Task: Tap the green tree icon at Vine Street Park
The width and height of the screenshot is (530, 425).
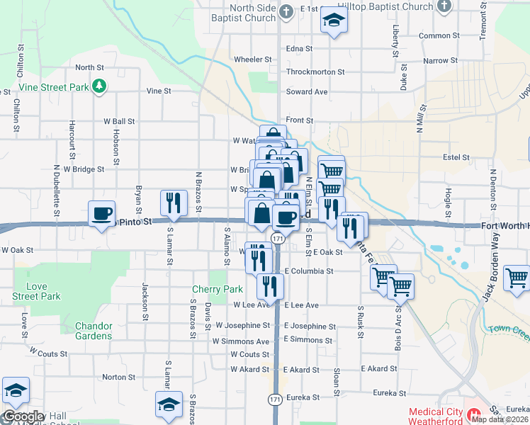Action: pyautogui.click(x=101, y=86)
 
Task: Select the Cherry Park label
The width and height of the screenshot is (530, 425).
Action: pyautogui.click(x=218, y=289)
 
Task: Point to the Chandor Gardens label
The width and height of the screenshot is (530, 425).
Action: pyautogui.click(x=94, y=331)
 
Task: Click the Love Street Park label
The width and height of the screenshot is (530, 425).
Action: pyautogui.click(x=37, y=292)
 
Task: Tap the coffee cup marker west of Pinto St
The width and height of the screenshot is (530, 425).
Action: pyautogui.click(x=101, y=212)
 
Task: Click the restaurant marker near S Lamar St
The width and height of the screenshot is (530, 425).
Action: pyautogui.click(x=174, y=203)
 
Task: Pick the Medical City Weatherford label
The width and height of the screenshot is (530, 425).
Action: pyautogui.click(x=434, y=416)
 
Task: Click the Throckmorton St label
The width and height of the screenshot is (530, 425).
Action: pyautogui.click(x=315, y=72)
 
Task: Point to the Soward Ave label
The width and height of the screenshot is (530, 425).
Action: pyautogui.click(x=307, y=92)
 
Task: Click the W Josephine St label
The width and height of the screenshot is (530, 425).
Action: pyautogui.click(x=243, y=325)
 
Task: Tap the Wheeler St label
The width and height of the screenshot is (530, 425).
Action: pyautogui.click(x=252, y=59)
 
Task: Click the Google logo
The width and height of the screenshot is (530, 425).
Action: pyautogui.click(x=23, y=416)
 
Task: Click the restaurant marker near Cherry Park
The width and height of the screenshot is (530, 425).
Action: pyautogui.click(x=269, y=285)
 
